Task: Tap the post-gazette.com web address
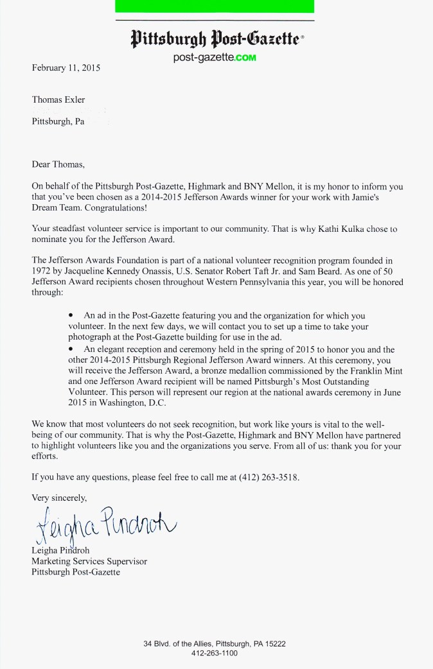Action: point(215,58)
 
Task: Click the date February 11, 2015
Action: point(66,67)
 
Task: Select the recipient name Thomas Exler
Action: point(58,100)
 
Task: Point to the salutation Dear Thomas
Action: point(58,164)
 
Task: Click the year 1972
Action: point(42,271)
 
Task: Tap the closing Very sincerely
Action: point(59,498)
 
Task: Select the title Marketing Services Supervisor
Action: point(89,561)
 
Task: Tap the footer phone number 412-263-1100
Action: point(215,654)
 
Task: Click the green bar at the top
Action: point(215,6)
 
